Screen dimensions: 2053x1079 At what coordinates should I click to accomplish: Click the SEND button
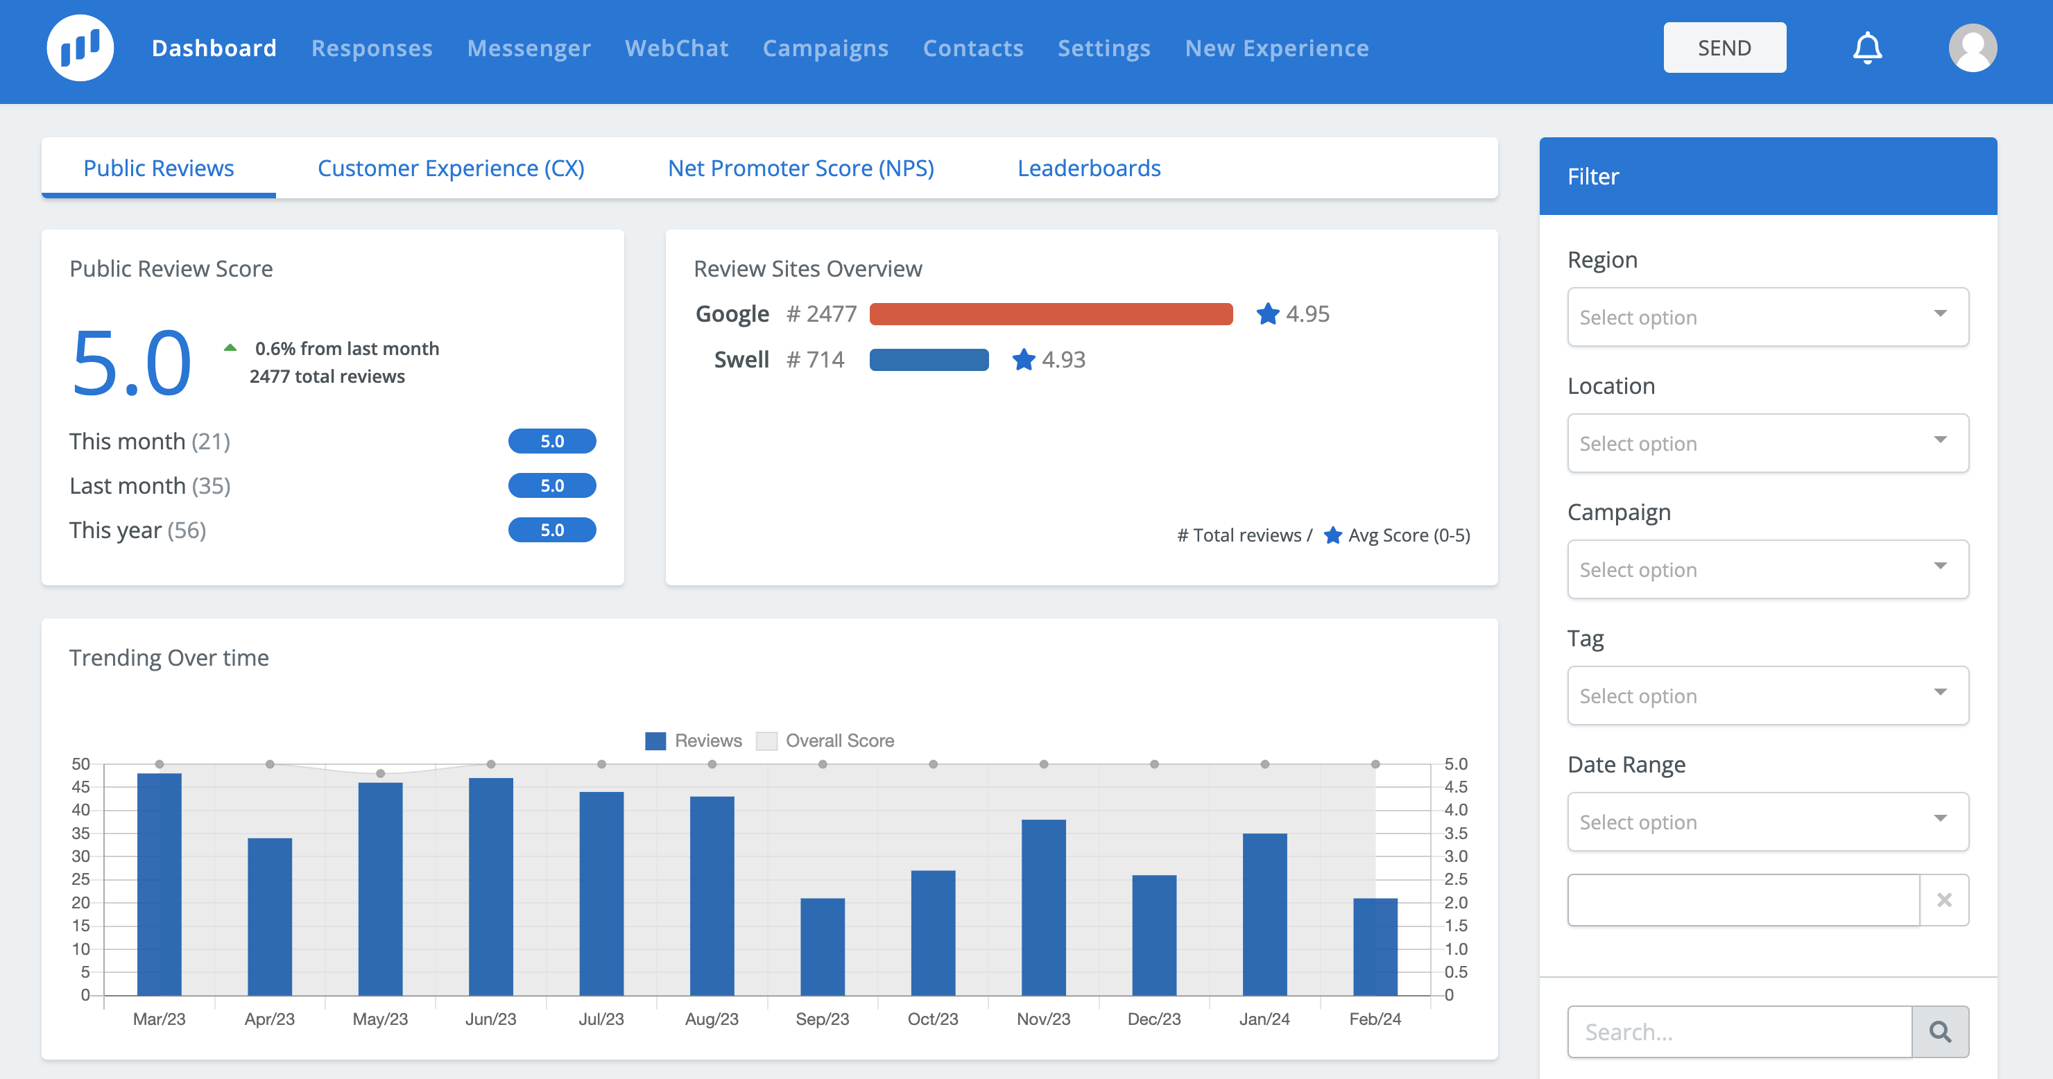(x=1724, y=48)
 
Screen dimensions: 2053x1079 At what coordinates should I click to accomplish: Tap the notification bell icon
(x=1866, y=48)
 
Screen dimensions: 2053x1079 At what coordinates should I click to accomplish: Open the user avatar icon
(x=1973, y=48)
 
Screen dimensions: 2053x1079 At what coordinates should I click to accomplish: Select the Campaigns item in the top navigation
(x=825, y=48)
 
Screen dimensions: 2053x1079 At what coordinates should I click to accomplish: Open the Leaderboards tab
(x=1089, y=168)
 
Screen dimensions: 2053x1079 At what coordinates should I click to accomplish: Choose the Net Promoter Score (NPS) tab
(x=801, y=168)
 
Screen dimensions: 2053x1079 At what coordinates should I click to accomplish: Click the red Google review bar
(x=1050, y=314)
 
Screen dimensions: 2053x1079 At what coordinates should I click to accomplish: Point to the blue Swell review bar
(x=929, y=360)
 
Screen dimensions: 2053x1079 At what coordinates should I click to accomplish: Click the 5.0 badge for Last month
(x=551, y=485)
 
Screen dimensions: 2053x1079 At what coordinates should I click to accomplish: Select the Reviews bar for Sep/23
(x=823, y=947)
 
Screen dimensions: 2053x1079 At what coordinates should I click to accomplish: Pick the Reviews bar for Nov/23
(x=1043, y=908)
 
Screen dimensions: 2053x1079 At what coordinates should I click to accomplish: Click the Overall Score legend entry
(x=825, y=741)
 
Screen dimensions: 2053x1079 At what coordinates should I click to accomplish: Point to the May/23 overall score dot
(x=380, y=774)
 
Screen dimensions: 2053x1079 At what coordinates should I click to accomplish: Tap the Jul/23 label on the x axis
(x=601, y=1019)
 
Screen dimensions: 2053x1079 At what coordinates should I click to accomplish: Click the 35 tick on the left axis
(x=80, y=833)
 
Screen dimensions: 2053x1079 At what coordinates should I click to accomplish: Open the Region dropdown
(x=1768, y=316)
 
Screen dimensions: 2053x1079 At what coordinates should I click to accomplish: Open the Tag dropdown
(x=1768, y=695)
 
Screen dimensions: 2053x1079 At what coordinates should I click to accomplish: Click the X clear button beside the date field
(x=1944, y=899)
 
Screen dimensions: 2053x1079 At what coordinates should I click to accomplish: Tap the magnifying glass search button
(x=1940, y=1032)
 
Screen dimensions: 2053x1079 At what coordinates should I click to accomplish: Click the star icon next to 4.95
(x=1267, y=314)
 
